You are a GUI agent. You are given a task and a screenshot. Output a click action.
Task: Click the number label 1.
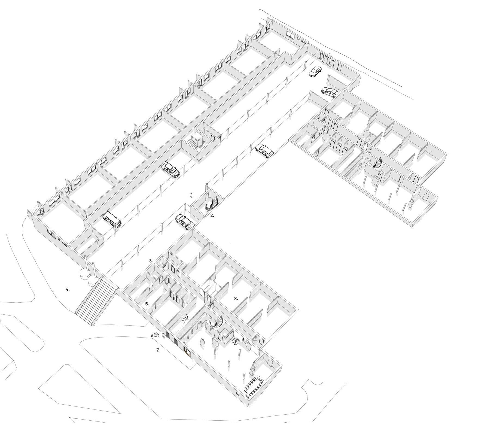point(330,55)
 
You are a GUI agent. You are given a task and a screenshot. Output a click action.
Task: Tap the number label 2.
point(212,215)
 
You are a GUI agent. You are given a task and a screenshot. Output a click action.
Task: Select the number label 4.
point(68,290)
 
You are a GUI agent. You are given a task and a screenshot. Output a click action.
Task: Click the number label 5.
point(147,304)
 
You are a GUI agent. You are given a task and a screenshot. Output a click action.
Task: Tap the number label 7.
point(158,350)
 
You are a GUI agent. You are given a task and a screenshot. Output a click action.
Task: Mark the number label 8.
point(236,299)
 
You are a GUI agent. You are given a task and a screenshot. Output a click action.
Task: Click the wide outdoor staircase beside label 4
point(97,300)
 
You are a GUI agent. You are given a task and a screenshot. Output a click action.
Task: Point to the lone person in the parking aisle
point(191,195)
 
